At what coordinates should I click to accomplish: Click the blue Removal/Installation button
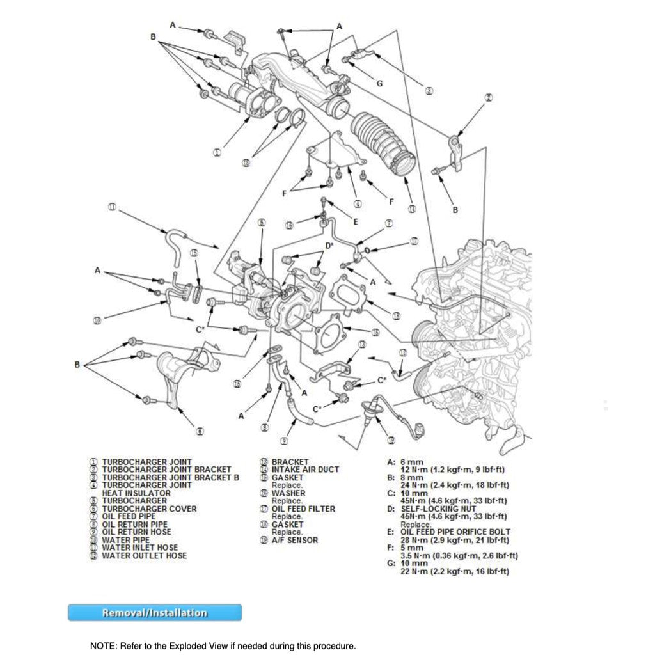(x=155, y=613)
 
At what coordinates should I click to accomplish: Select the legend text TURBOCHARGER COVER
(x=149, y=509)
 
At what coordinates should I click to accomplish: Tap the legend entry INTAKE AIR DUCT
(x=305, y=470)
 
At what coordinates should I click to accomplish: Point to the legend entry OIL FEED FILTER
(x=303, y=509)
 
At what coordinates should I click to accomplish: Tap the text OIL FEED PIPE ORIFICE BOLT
(x=455, y=532)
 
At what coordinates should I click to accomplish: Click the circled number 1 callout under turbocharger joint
(x=217, y=153)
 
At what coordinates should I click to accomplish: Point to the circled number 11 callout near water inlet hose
(x=112, y=207)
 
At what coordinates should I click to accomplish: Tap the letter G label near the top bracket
(x=379, y=84)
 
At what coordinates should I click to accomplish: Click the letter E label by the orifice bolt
(x=356, y=222)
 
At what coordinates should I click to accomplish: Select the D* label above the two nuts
(x=329, y=246)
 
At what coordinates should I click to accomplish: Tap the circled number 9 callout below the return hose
(x=284, y=440)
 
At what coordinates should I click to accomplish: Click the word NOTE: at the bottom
(x=102, y=645)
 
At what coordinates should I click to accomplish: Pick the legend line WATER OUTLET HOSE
(x=144, y=556)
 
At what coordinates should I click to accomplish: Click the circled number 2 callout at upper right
(x=489, y=98)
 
